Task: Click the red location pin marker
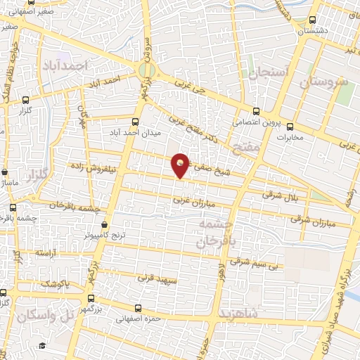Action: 181,165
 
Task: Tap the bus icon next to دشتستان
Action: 313,20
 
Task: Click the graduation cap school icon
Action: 42,346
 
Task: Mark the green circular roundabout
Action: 146,71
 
